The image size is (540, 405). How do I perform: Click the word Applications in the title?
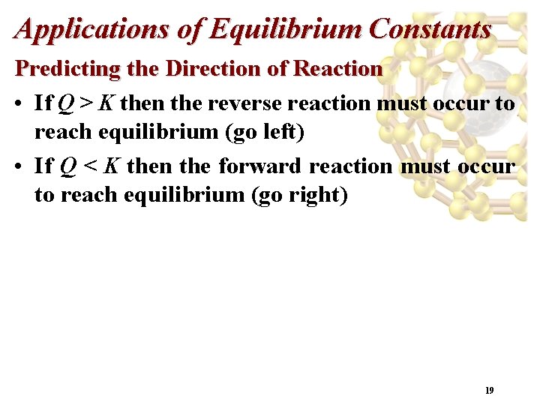tap(73, 29)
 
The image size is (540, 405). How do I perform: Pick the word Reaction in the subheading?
tap(338, 69)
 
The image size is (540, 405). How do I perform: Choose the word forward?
tap(259, 165)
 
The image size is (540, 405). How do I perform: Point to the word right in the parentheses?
tap(318, 195)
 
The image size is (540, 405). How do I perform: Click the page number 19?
tap(489, 391)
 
